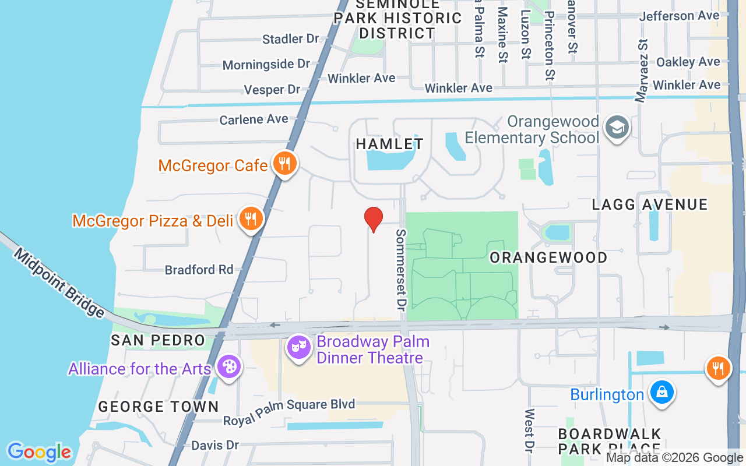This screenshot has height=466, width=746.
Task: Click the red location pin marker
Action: pos(374,219)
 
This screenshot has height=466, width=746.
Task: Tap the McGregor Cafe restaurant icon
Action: pos(284,164)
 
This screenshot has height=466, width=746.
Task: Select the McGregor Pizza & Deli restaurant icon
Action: pos(251,219)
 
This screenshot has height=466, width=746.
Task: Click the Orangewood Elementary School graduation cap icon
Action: pos(617,127)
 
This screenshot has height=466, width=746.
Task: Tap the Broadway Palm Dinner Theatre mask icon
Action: pos(299,348)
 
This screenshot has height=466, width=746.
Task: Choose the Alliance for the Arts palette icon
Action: pos(228,368)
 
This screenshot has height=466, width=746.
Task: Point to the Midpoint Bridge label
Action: pos(58,283)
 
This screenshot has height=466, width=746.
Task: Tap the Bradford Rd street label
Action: pos(199,270)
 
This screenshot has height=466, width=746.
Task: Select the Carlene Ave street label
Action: pos(254,119)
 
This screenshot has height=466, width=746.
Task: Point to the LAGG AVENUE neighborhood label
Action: pos(650,204)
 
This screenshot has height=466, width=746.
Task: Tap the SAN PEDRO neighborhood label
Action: pos(158,340)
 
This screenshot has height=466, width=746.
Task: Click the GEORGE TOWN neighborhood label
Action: pos(159,407)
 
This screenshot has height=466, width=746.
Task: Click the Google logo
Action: pos(39,452)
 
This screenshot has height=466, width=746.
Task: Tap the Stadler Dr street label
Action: pos(291,39)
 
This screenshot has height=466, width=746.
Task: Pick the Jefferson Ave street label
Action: pos(680,16)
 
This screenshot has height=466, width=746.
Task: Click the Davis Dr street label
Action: pos(215,445)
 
